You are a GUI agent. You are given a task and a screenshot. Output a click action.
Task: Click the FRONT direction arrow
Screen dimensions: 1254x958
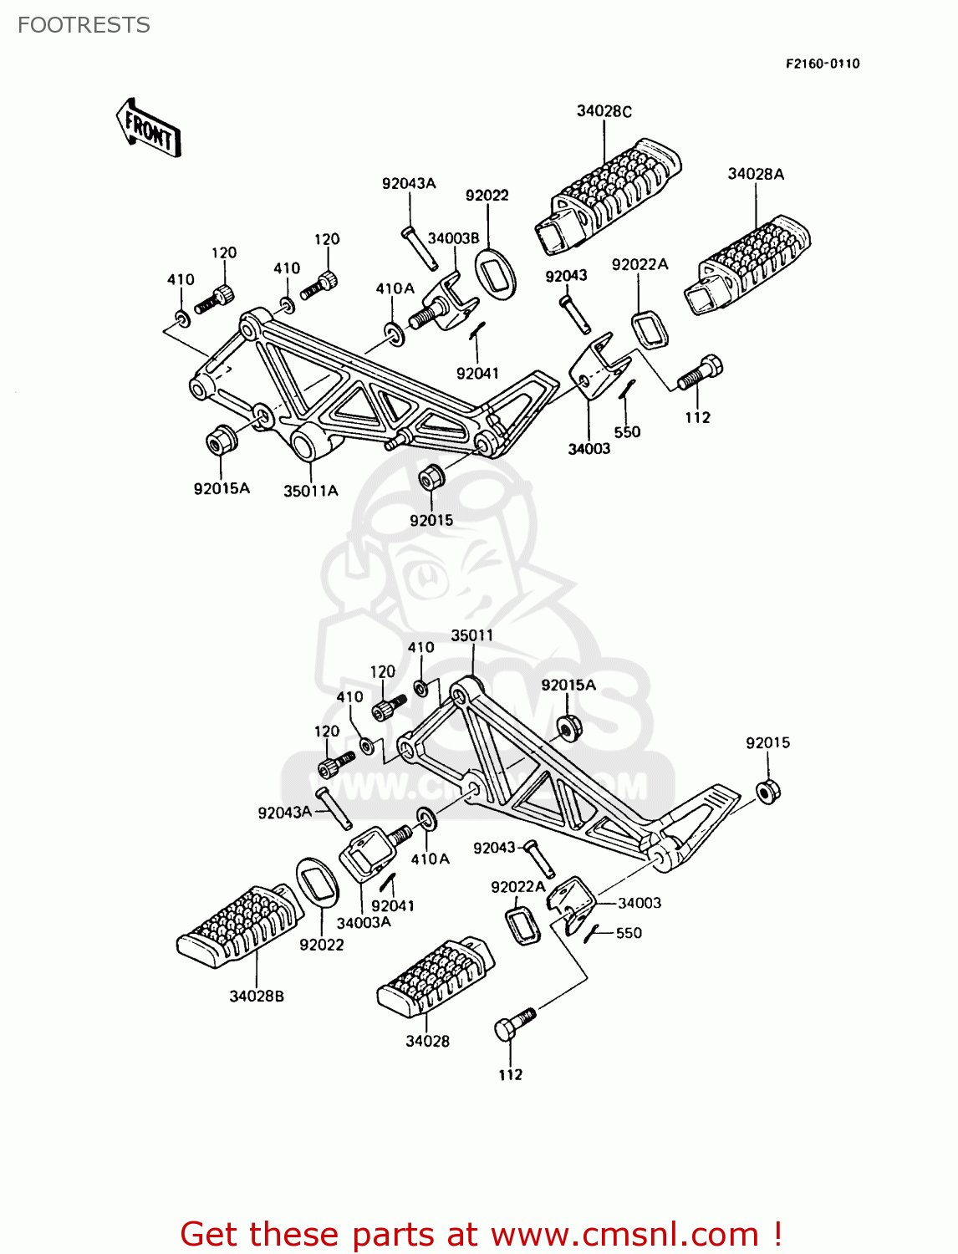tap(148, 128)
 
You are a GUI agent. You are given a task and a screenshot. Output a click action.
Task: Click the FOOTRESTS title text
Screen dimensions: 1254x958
tap(84, 25)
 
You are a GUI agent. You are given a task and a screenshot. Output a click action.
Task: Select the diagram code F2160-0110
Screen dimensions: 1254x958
tap(822, 64)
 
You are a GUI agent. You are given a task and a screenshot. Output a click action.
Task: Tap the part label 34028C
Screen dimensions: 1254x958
tap(604, 111)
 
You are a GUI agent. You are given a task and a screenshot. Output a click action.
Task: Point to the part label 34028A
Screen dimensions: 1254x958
tap(756, 174)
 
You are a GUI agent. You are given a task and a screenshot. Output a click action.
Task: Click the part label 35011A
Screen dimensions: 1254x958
tap(310, 491)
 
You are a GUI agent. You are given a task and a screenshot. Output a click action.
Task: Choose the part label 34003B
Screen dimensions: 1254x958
tap(453, 238)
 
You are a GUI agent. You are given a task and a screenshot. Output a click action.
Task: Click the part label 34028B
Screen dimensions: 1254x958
tap(257, 996)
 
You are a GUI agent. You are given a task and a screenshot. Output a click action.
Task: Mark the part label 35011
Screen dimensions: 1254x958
tap(471, 635)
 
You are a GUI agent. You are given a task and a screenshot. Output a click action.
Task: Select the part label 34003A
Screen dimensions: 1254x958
tap(364, 922)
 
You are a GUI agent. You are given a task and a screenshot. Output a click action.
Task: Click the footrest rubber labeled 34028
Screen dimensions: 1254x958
tap(435, 977)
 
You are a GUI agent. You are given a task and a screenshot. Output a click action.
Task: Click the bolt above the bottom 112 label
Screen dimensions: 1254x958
tap(513, 1023)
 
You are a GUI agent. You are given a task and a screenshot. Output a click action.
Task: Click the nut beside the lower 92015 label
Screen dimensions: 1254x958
tap(768, 790)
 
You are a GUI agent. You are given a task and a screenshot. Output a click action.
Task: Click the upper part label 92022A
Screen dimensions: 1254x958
tap(640, 264)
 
